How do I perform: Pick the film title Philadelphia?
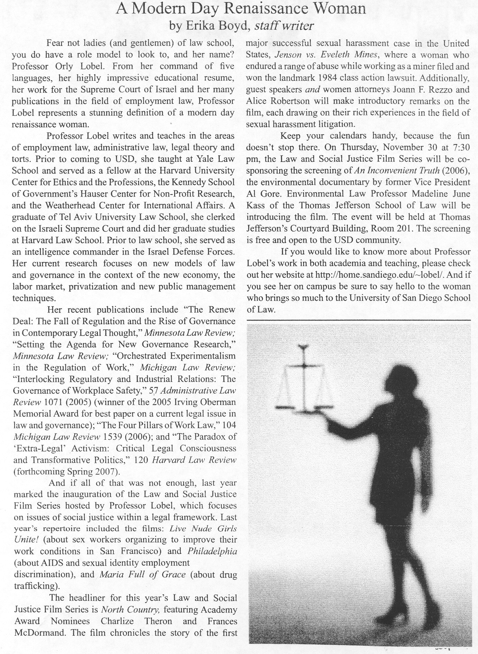click(x=212, y=551)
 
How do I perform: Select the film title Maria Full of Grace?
click(x=142, y=574)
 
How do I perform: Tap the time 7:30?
click(x=460, y=147)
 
